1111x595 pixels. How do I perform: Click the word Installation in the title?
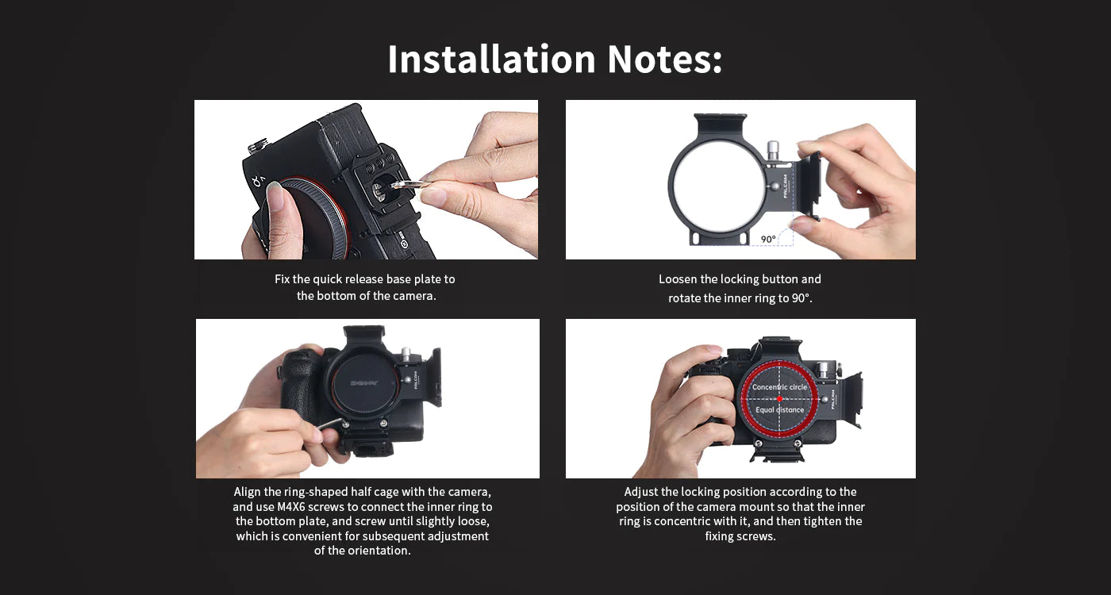point(491,59)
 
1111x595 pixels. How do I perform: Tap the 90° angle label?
point(768,239)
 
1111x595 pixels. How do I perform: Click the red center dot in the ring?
point(779,398)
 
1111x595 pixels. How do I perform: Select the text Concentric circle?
point(779,387)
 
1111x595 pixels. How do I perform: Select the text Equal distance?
point(779,410)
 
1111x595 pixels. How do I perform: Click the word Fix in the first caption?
point(283,279)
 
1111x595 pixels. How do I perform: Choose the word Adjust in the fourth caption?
point(642,492)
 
